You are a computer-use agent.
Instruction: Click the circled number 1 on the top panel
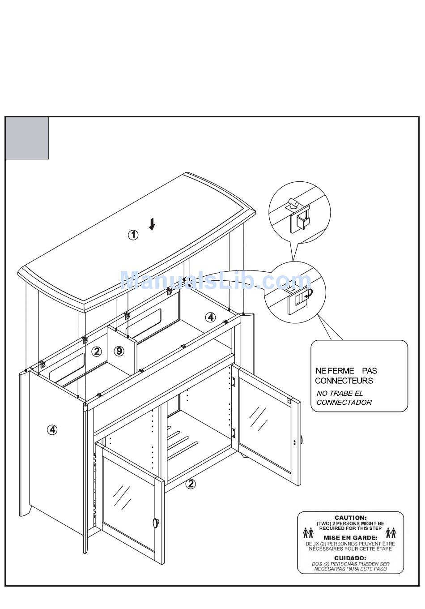click(133, 235)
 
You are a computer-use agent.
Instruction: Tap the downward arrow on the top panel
click(152, 224)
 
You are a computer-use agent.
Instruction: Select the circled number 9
click(119, 351)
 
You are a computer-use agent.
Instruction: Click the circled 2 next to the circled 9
click(97, 352)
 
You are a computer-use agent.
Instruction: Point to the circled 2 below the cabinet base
click(191, 484)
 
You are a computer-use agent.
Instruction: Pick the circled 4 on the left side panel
click(52, 430)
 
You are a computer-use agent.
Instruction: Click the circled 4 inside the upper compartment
click(210, 317)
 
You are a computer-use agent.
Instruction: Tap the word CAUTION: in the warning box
click(350, 518)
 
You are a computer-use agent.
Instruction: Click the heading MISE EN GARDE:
click(350, 538)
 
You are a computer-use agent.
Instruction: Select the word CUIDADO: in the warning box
click(350, 558)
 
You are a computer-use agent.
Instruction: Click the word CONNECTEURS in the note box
click(344, 381)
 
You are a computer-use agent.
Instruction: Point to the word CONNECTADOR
click(344, 402)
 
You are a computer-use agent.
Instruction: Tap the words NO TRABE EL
click(340, 393)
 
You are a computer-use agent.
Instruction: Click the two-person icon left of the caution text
click(308, 532)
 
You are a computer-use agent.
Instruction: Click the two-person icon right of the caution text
click(391, 532)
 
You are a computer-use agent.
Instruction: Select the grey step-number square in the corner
click(27, 138)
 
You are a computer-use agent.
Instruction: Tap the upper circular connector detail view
click(299, 213)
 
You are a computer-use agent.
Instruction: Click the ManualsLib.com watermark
click(215, 281)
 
